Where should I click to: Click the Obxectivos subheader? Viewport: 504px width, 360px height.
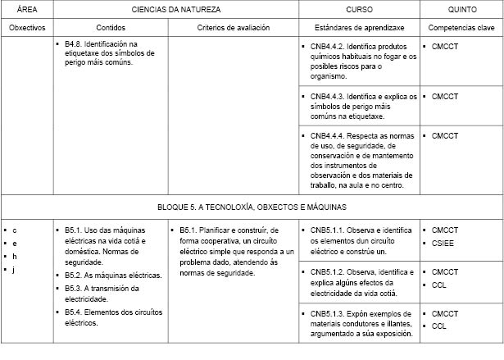(25, 27)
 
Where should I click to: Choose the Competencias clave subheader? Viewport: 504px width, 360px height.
(462, 27)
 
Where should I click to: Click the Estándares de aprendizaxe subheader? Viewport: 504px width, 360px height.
(356, 27)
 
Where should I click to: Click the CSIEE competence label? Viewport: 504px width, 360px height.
(445, 243)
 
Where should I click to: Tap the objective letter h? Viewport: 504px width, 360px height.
(15, 256)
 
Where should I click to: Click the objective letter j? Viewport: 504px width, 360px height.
(15, 269)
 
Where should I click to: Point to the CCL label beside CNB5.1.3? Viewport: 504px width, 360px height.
(439, 326)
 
